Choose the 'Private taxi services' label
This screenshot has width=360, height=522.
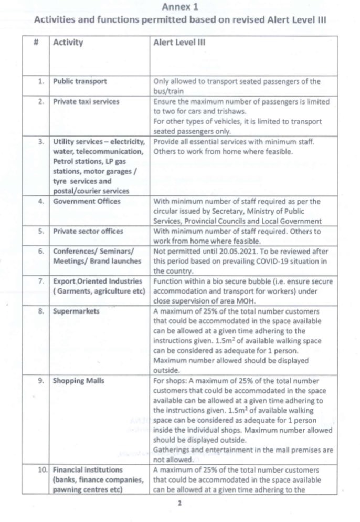[84, 101]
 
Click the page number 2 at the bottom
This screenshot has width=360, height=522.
[181, 503]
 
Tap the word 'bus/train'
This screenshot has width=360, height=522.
[168, 90]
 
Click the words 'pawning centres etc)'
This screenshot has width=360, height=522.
[87, 489]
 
